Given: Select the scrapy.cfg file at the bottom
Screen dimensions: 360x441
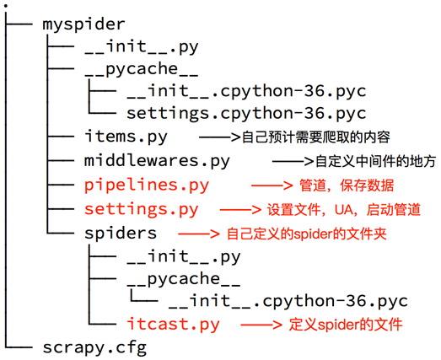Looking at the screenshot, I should [x=94, y=347].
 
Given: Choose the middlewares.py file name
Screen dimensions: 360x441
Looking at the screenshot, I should [x=157, y=160].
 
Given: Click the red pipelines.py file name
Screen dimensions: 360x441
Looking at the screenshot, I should [x=147, y=184].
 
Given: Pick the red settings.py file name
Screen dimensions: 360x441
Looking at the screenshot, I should [x=142, y=207].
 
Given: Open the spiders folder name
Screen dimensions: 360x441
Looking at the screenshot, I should [x=121, y=231].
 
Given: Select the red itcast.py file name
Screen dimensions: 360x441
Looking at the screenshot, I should [x=173, y=324].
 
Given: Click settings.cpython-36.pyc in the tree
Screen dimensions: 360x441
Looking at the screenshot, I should [x=246, y=113].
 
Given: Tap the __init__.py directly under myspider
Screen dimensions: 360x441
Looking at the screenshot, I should [x=141, y=47].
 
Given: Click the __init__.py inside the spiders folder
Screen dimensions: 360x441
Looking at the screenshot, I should [x=183, y=255].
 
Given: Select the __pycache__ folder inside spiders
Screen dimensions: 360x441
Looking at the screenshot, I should [x=183, y=277].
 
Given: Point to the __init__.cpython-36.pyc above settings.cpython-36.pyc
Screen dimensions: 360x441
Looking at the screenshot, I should [x=246, y=90].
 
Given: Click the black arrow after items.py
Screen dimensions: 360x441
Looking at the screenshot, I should [x=218, y=137].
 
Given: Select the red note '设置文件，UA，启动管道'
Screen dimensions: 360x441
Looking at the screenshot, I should [x=343, y=208].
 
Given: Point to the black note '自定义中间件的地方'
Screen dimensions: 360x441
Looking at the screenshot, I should [x=363, y=160].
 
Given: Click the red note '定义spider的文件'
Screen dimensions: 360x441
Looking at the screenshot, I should [x=345, y=324].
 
